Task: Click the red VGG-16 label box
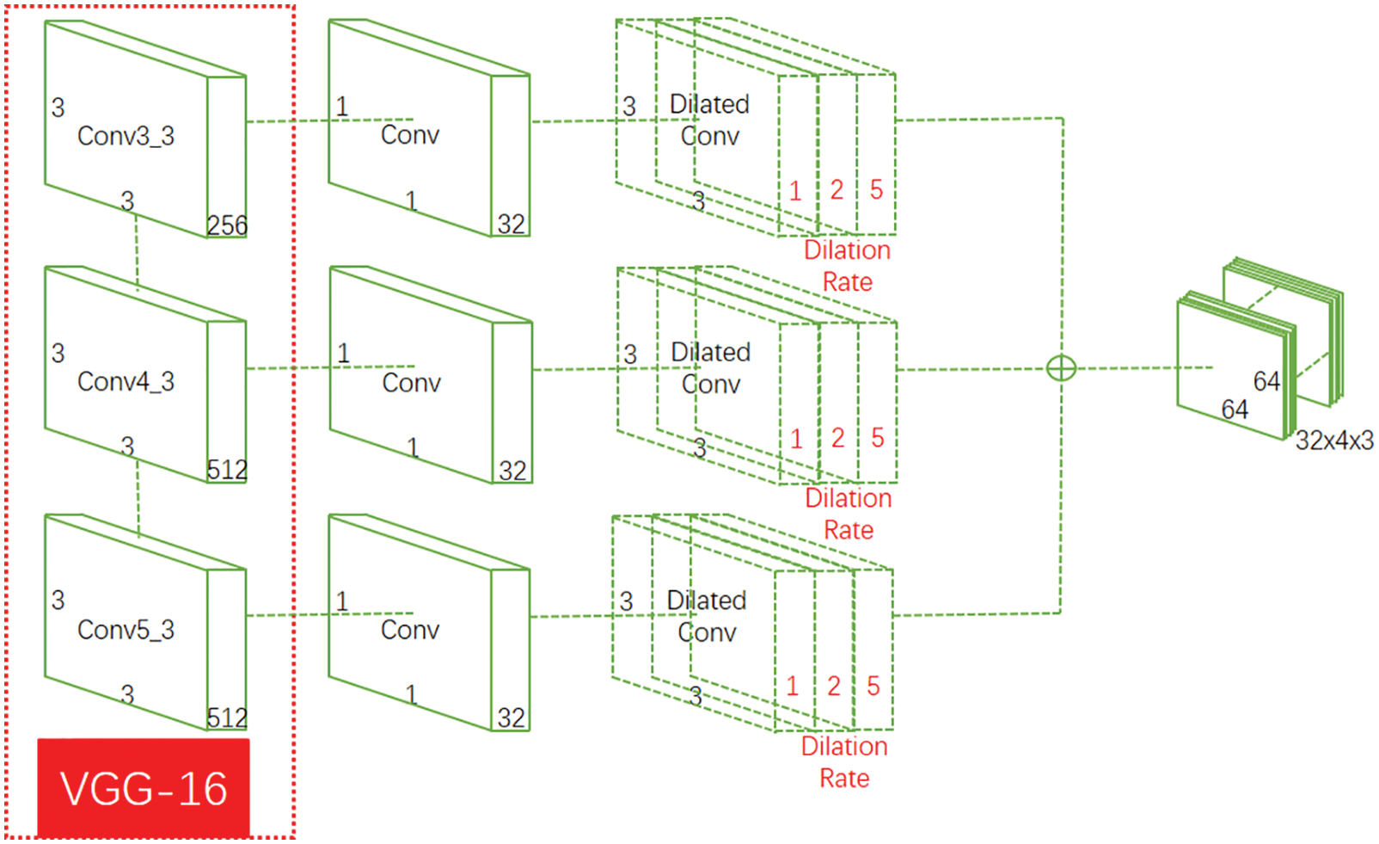click(143, 787)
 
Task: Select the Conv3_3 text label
click(126, 136)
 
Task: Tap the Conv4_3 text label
click(126, 381)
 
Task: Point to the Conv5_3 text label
click(126, 630)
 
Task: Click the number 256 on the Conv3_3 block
click(227, 225)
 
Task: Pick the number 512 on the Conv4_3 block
click(227, 470)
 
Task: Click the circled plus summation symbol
click(1061, 368)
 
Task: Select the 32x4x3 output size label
click(1334, 440)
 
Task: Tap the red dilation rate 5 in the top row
click(876, 190)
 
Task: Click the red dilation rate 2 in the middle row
click(837, 438)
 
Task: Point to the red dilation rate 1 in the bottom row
click(792, 686)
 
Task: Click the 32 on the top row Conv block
click(511, 225)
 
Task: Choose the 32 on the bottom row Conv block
click(511, 718)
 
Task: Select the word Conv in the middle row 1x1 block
click(411, 383)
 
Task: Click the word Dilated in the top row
click(709, 104)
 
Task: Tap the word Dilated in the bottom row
click(706, 601)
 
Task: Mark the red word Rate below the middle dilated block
click(849, 530)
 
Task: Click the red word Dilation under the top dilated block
click(847, 250)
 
